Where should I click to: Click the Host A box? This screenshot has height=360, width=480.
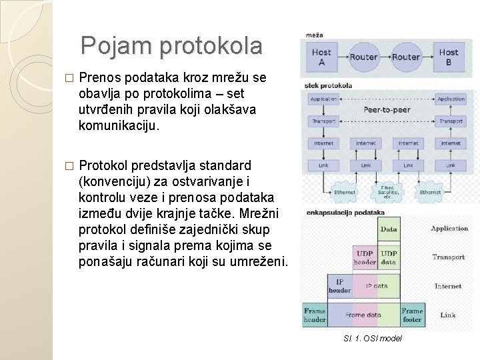click(321, 56)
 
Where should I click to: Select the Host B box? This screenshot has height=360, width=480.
click(448, 56)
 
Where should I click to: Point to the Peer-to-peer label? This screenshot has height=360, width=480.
click(387, 109)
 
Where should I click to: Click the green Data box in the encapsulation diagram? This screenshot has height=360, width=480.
click(388, 229)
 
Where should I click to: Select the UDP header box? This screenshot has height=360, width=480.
click(365, 258)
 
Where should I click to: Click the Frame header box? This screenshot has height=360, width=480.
click(315, 315)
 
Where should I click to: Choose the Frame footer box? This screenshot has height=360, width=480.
click(412, 315)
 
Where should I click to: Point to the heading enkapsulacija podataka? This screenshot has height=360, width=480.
click(345, 213)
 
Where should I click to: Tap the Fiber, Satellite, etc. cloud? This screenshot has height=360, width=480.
click(387, 193)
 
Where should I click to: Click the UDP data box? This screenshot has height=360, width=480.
click(388, 258)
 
